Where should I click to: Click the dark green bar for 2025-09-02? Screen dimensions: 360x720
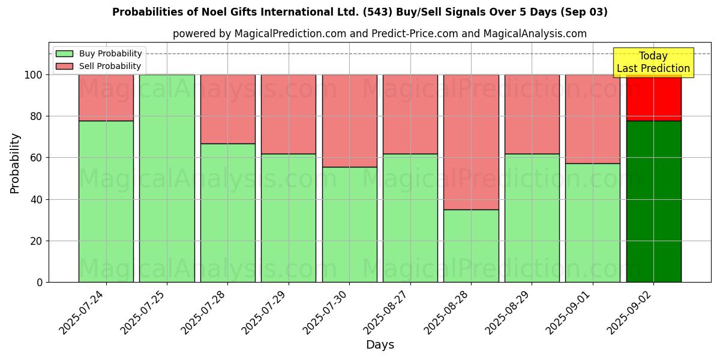653,201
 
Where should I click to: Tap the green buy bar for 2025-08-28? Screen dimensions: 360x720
471,245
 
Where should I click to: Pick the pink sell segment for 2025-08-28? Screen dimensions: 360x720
471,142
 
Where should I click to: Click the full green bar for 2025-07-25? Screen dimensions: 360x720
167,178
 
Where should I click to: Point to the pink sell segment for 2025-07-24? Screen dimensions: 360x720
106,97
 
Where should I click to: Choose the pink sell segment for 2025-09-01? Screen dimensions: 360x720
593,119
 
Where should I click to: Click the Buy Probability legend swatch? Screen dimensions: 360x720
64,54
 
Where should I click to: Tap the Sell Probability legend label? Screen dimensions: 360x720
110,66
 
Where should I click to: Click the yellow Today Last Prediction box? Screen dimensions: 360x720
653,62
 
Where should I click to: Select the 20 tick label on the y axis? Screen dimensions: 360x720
37,241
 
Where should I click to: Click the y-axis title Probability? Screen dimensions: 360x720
15,163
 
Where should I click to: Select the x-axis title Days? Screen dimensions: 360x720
380,345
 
